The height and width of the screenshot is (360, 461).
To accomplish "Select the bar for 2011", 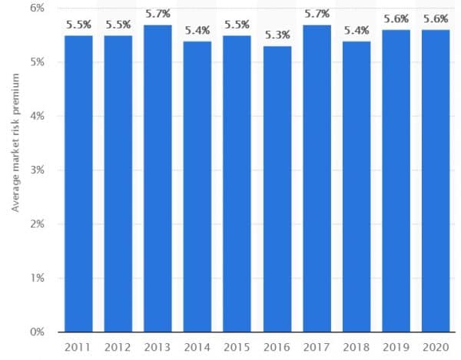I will (78, 184).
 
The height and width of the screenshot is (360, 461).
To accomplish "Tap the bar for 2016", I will (277, 189).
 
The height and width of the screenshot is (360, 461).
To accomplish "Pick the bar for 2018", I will (356, 187).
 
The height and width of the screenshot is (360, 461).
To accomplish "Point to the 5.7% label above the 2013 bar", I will (158, 14).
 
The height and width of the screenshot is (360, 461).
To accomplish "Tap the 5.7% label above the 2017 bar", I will (317, 14).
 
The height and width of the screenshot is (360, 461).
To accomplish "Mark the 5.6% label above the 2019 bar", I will (396, 19).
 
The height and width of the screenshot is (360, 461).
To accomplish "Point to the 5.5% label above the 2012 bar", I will (118, 25).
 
